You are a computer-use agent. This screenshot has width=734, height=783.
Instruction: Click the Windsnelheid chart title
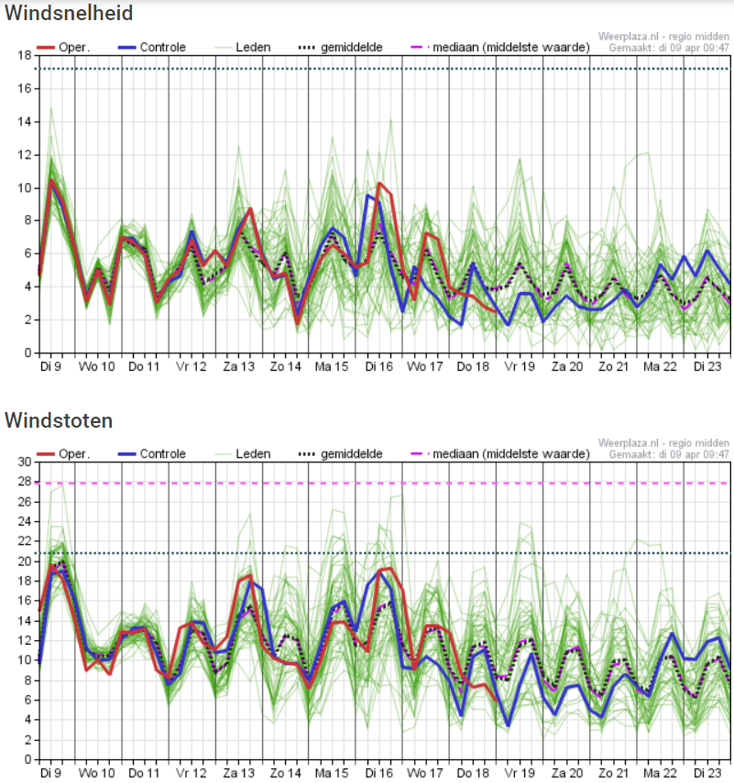(69, 13)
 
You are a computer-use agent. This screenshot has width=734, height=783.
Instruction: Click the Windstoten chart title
(59, 420)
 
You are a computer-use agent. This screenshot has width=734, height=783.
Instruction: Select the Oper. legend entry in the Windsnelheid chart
(63, 48)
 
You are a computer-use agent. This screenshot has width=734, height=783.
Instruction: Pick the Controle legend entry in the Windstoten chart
(152, 454)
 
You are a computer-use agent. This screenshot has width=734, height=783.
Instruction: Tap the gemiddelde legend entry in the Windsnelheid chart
(341, 48)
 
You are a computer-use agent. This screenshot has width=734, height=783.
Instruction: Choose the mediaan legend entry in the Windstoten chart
(500, 454)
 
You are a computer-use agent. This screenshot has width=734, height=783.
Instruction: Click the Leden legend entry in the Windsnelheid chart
(243, 48)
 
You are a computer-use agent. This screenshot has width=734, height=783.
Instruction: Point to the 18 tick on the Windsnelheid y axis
(25, 55)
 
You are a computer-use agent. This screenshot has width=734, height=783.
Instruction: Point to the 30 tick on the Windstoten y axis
(25, 462)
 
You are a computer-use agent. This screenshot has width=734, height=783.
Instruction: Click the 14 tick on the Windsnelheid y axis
(25, 122)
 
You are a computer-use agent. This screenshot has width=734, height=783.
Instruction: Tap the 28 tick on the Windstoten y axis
(25, 482)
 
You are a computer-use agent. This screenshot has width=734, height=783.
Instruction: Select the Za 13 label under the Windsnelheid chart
(239, 366)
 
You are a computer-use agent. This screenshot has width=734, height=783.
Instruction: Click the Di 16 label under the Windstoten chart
(379, 773)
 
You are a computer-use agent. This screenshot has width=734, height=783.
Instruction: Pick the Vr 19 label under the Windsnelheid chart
(520, 366)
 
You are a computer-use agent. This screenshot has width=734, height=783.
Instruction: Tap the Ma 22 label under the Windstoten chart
(660, 773)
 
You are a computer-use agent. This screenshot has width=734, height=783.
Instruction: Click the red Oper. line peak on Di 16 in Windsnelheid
(379, 183)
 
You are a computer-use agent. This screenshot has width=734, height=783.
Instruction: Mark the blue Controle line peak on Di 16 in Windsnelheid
(367, 195)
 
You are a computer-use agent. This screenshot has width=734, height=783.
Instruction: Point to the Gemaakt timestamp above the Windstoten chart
(669, 454)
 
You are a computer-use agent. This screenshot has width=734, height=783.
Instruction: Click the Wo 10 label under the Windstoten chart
(96, 773)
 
